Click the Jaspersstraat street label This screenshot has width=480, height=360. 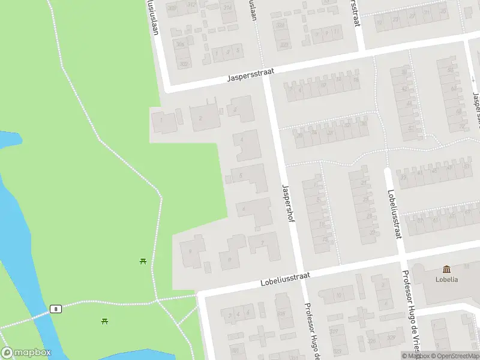[x=251, y=74]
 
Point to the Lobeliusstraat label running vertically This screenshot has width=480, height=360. [x=394, y=214]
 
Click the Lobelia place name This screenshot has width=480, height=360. [x=447, y=280]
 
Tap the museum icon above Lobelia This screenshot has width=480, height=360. [x=447, y=269]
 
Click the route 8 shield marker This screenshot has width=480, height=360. [x=56, y=308]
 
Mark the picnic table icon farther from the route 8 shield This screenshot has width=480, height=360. [x=143, y=261]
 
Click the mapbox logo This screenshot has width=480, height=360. [x=26, y=353]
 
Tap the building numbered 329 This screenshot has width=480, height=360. [x=372, y=341]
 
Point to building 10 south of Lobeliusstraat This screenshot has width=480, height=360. [x=339, y=295]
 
